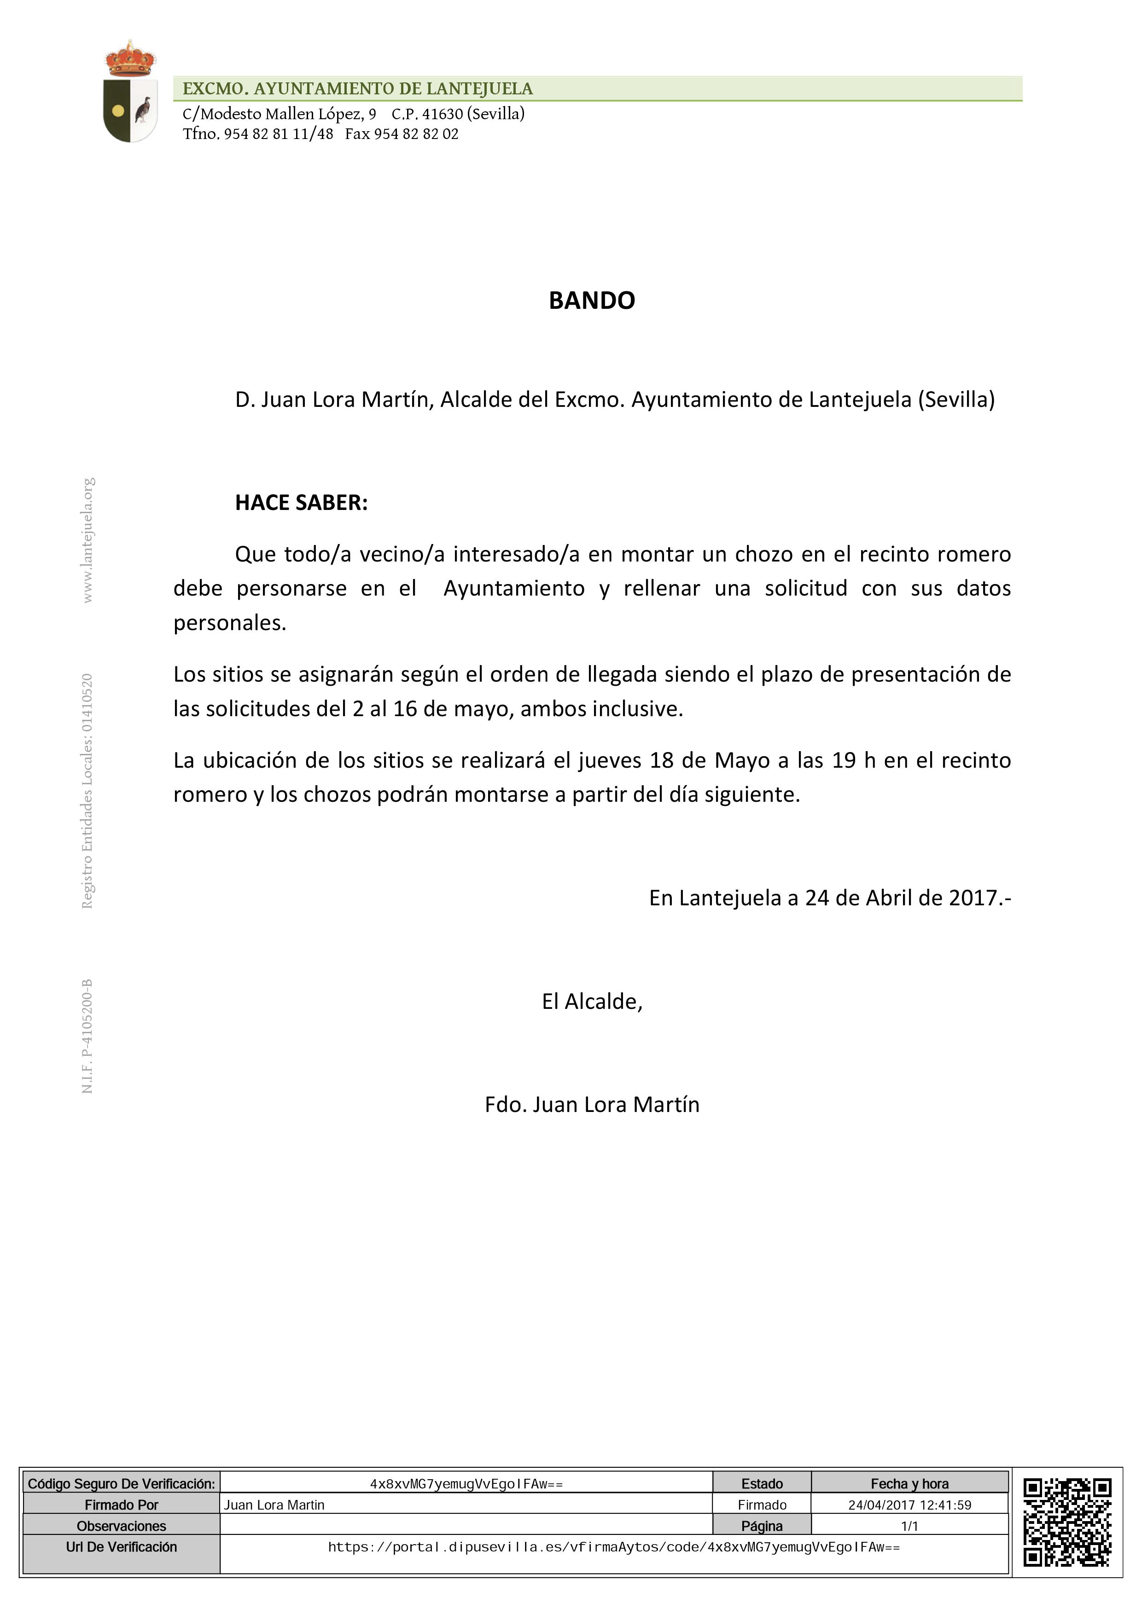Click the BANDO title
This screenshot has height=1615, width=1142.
point(591,301)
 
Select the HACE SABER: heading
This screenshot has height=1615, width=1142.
point(301,503)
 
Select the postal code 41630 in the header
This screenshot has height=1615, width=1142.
point(443,114)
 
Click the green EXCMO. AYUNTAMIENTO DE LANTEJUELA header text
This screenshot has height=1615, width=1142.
point(357,89)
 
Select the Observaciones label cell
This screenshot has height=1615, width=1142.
point(121,1526)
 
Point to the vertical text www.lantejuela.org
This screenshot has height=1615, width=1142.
point(88,540)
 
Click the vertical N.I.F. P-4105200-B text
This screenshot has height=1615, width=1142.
point(88,1036)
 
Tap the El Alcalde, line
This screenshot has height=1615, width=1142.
point(592,1001)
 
